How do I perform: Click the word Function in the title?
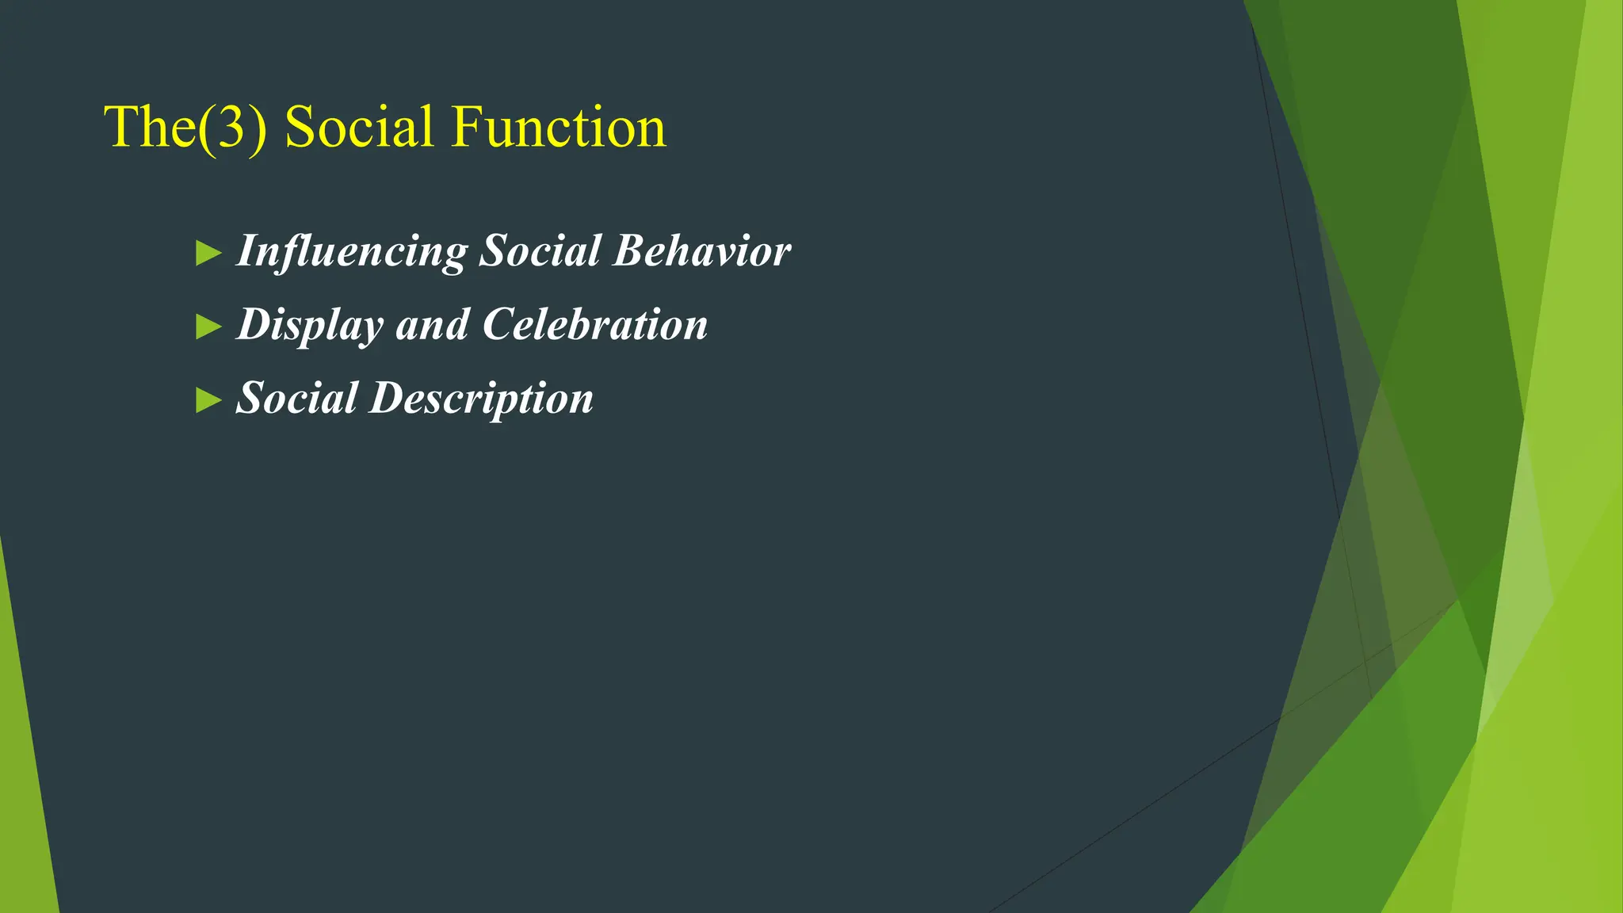(x=559, y=127)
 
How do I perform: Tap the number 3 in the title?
(x=231, y=128)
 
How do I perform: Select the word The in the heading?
(x=150, y=127)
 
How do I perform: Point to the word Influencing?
(x=352, y=252)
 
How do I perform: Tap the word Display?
(x=310, y=325)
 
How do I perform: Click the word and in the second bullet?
(x=432, y=325)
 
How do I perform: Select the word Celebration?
(x=595, y=324)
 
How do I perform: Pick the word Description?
(x=482, y=399)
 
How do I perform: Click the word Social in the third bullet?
(x=296, y=398)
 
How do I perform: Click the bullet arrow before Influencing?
(x=208, y=254)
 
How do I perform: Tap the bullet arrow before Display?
(x=208, y=327)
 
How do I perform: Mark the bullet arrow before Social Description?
(x=208, y=400)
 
